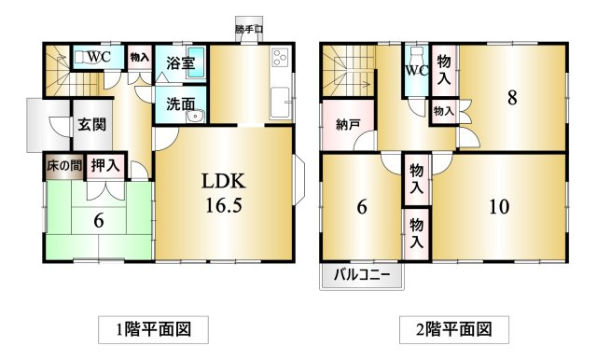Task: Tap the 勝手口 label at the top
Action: tap(249, 31)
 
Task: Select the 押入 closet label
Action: tap(105, 167)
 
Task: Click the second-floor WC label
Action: tap(415, 71)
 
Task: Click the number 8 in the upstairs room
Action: tap(511, 97)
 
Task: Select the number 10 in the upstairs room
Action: tap(499, 206)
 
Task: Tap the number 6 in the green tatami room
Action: tap(97, 220)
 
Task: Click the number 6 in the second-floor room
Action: tap(361, 207)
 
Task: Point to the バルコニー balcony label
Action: tap(362, 276)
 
